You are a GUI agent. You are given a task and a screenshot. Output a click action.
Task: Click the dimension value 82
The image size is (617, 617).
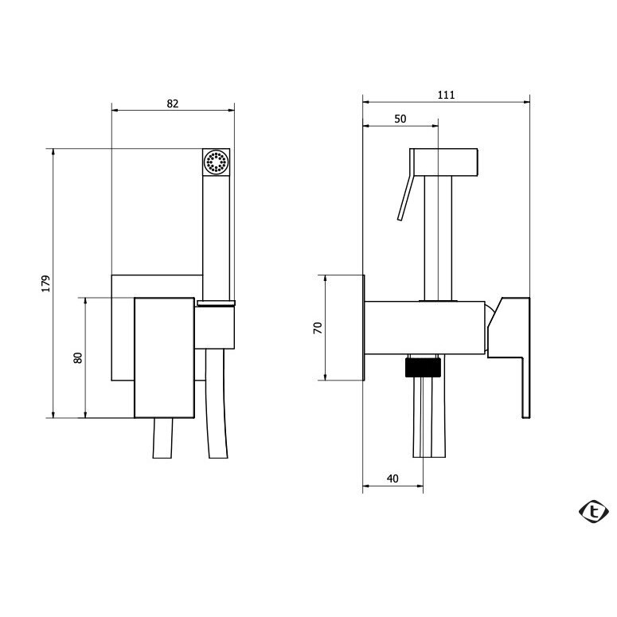click(x=172, y=103)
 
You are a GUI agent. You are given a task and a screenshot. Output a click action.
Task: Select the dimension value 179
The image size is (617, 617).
click(x=46, y=283)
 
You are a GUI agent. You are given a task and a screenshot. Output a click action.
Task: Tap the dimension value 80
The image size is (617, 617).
click(x=78, y=357)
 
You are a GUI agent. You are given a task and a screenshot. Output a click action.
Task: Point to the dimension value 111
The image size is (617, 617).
click(x=446, y=95)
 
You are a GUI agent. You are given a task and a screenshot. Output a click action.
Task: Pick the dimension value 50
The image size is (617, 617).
click(x=400, y=119)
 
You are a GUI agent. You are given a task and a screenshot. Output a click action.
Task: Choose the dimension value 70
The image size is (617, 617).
click(x=318, y=328)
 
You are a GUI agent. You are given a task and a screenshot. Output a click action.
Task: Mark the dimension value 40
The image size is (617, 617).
click(x=392, y=478)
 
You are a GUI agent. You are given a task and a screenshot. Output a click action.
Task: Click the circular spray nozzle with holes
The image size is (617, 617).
click(x=216, y=162)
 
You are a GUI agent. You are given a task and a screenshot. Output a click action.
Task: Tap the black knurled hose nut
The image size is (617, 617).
click(x=423, y=367)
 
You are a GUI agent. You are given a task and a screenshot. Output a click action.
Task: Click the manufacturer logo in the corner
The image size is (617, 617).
click(x=594, y=511)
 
